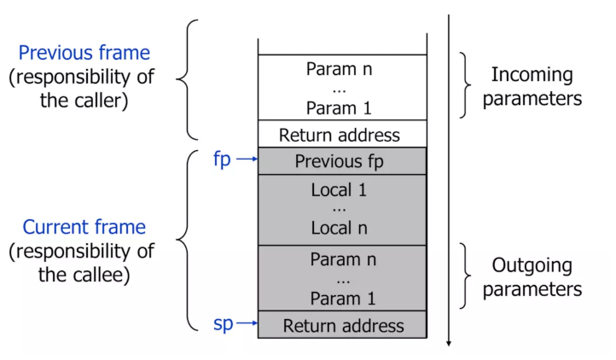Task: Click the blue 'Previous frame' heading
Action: coord(84,53)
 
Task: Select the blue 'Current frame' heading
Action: coord(84,228)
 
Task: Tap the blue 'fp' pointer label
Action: coord(222,160)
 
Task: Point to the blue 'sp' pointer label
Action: coord(222,324)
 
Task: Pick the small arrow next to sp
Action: coord(247,324)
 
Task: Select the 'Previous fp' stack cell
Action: coord(341,161)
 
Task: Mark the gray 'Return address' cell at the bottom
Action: coord(341,325)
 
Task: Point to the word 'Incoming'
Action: coord(532,74)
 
